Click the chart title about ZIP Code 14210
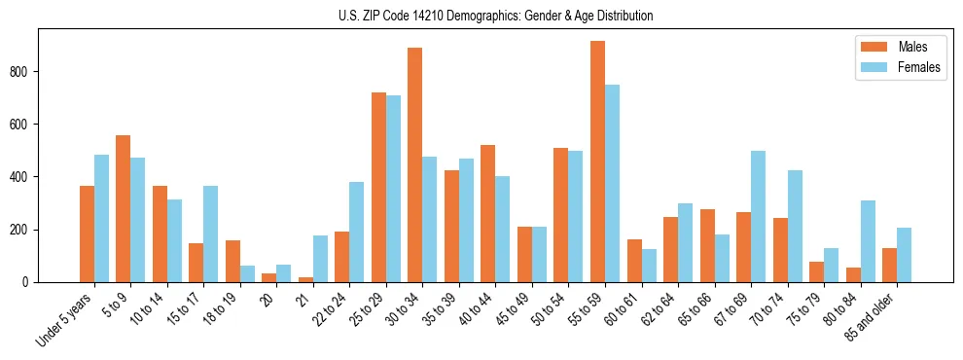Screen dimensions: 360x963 (481, 16)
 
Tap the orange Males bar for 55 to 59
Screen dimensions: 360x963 (597, 162)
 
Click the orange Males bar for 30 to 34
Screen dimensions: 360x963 (415, 165)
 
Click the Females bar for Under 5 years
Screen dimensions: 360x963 (101, 218)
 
